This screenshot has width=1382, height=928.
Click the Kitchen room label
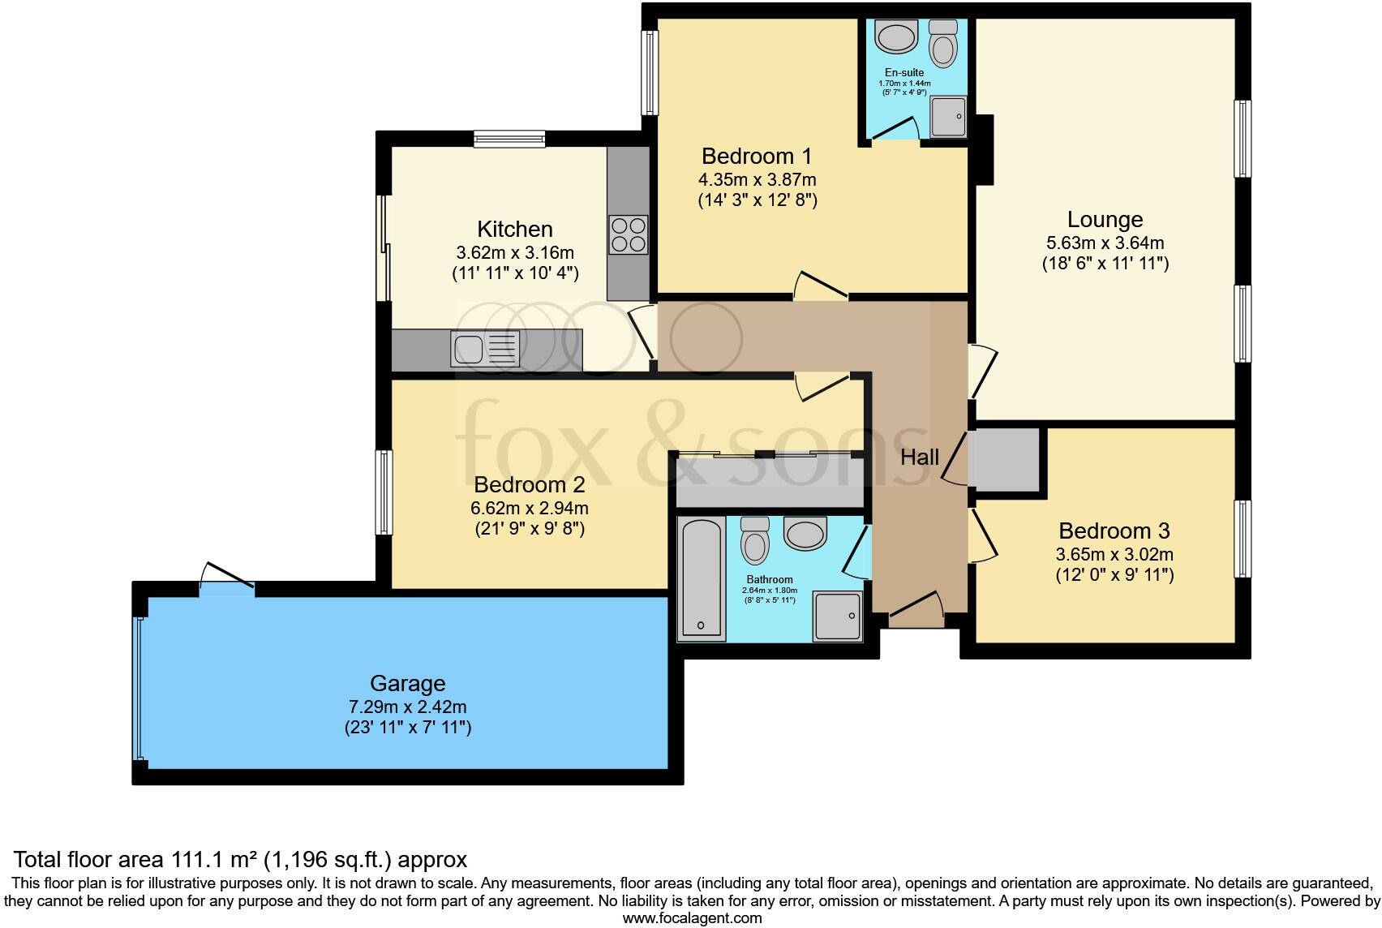click(x=514, y=229)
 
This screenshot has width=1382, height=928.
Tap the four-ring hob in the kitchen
click(x=629, y=234)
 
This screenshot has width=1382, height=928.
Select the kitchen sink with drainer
click(x=486, y=349)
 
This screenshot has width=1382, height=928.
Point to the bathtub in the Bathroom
click(x=702, y=578)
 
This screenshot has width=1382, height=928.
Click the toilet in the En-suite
click(x=942, y=42)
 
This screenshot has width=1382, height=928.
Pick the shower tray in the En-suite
click(x=948, y=116)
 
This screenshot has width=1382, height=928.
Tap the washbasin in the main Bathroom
click(x=805, y=532)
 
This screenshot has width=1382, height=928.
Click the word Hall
click(x=919, y=458)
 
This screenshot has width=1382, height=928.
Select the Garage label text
click(x=407, y=683)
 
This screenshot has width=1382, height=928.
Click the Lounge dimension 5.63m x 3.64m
click(x=1105, y=243)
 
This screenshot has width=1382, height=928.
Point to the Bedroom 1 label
click(x=757, y=156)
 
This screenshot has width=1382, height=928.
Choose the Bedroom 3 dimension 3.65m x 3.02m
click(x=1114, y=554)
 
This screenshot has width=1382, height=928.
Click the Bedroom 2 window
click(x=384, y=492)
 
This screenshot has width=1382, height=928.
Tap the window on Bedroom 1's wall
click(x=650, y=73)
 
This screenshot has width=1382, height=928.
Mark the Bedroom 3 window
click(x=1243, y=539)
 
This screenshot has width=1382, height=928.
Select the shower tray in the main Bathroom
click(x=837, y=616)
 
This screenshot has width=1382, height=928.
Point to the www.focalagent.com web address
click(x=692, y=918)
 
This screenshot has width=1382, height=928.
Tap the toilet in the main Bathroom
click(x=754, y=540)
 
